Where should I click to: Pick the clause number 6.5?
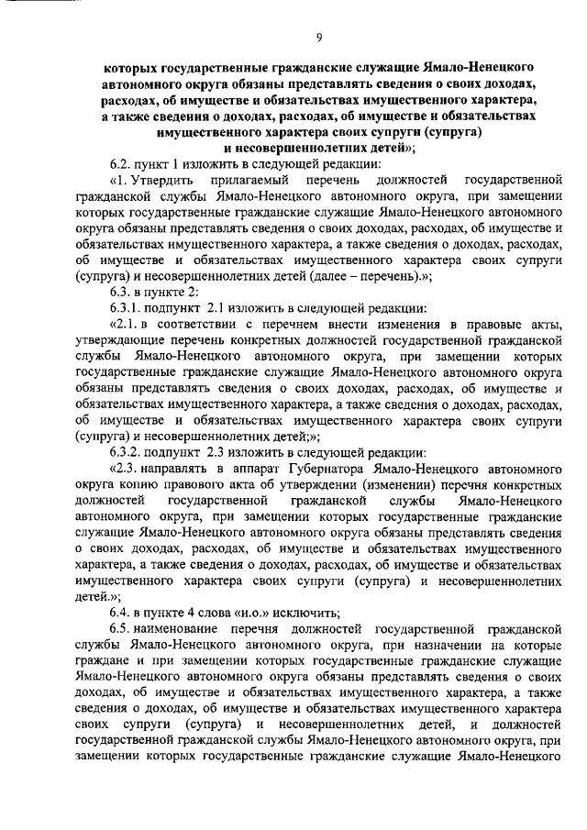pos(122,630)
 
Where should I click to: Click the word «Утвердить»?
pos(158,178)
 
